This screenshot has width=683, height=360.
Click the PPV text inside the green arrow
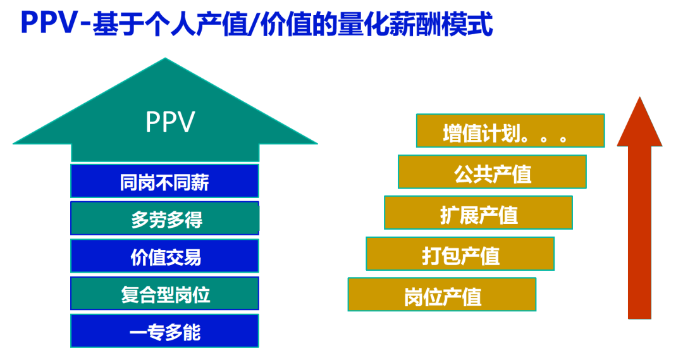[x=169, y=122]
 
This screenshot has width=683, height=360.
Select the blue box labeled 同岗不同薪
[x=164, y=182]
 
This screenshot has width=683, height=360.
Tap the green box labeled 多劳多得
[x=164, y=219]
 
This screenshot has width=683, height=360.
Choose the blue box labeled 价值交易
[x=164, y=256]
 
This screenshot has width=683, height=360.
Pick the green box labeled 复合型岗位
[x=164, y=294]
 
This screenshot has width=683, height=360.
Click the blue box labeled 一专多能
[x=164, y=331]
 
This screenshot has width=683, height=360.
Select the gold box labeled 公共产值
[x=492, y=172]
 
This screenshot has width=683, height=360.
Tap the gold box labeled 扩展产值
[x=478, y=213]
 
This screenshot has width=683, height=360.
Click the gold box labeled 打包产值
[x=460, y=254]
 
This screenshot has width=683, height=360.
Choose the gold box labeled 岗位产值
[x=441, y=295]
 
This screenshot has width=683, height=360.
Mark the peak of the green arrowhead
[x=166, y=60]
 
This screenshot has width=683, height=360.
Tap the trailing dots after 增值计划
[x=547, y=137]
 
